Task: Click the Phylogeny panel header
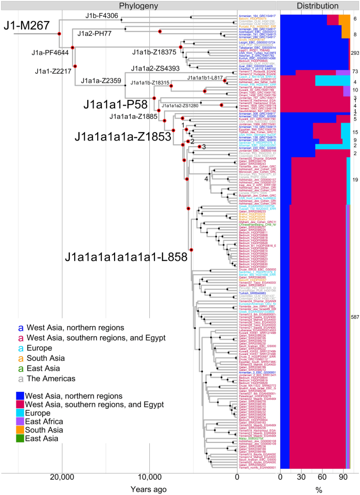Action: [139, 5]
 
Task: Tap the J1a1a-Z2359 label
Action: [101, 80]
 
